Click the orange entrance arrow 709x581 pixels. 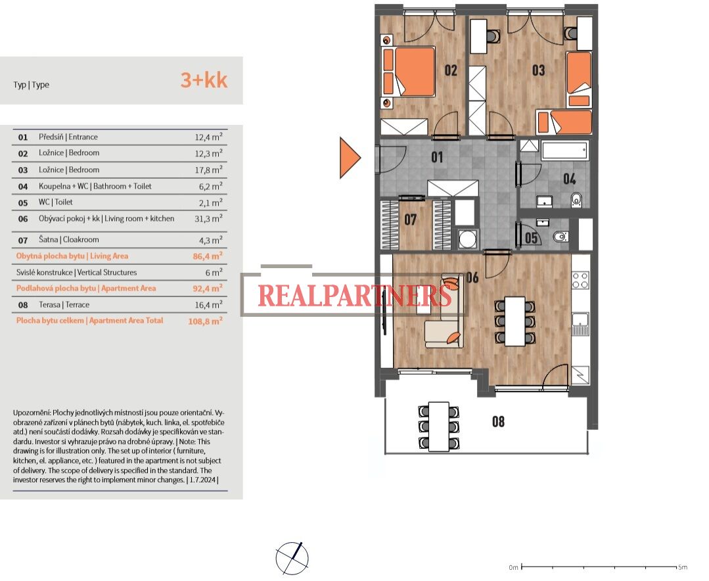click(350, 158)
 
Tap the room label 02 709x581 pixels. click(450, 70)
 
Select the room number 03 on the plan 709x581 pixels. click(538, 70)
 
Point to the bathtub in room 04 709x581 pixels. click(564, 150)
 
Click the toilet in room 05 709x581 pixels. click(560, 236)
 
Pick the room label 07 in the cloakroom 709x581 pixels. click(410, 220)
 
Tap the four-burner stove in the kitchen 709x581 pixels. click(581, 280)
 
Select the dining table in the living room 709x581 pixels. click(515, 321)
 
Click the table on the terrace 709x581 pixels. click(438, 427)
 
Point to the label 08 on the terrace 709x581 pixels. click(498, 421)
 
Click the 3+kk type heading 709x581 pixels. click(204, 80)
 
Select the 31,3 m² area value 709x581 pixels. click(208, 218)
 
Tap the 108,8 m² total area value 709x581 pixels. click(205, 321)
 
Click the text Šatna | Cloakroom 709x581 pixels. click(69, 240)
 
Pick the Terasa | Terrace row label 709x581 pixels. click(64, 305)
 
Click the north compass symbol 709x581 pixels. click(292, 559)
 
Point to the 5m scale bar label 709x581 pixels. click(682, 567)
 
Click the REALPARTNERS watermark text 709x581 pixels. click(355, 296)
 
